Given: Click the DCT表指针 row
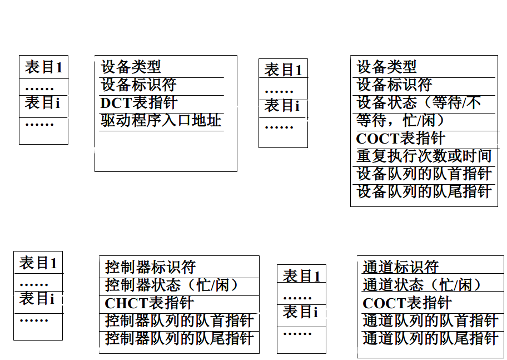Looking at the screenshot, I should (x=139, y=103).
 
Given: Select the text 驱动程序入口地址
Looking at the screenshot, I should (x=161, y=121).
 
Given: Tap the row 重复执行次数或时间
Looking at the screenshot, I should (x=424, y=156).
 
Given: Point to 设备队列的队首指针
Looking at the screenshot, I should (x=424, y=174).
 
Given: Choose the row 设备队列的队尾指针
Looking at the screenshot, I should (x=424, y=191).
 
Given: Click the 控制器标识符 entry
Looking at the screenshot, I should (x=150, y=267).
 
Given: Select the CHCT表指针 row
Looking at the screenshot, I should (x=149, y=303).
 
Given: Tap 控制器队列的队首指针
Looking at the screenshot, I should (x=179, y=321).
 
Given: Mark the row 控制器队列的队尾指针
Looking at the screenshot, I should (x=179, y=338).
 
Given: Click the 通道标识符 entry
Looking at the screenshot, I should (x=400, y=267).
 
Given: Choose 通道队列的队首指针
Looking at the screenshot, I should (x=430, y=321).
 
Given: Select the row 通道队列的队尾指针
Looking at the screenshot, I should (x=430, y=338).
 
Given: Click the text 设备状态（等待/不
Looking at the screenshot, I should (x=418, y=103).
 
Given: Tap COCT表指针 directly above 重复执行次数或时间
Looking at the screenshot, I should (x=400, y=139).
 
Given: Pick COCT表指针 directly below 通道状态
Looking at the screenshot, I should (x=407, y=303).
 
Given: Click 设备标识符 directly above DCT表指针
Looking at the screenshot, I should (x=138, y=85).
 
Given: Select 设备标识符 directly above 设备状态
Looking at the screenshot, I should (x=394, y=85).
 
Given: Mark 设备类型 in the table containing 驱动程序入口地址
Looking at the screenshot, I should (x=131, y=67).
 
